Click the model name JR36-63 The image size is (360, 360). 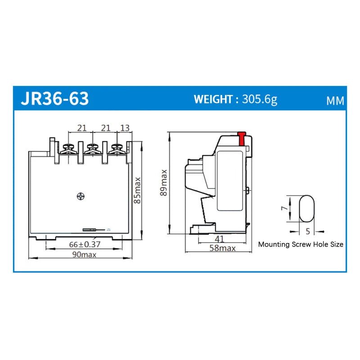pyautogui.click(x=55, y=99)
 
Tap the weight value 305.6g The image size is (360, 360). pyautogui.click(x=260, y=99)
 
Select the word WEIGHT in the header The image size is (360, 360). pyautogui.click(x=213, y=99)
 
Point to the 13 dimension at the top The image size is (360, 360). pyautogui.click(x=125, y=128)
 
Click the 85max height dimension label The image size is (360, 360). pyautogui.click(x=138, y=190)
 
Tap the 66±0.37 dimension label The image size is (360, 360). pyautogui.click(x=85, y=244)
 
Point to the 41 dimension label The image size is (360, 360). pyautogui.click(x=220, y=238)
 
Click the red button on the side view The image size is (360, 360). pyautogui.click(x=242, y=138)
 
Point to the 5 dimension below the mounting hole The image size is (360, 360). pyautogui.click(x=307, y=231)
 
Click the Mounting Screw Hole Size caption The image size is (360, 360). pyautogui.click(x=300, y=244)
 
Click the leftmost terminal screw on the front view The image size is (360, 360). pyautogui.click(x=69, y=148)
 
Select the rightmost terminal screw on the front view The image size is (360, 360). pyautogui.click(x=117, y=148)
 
